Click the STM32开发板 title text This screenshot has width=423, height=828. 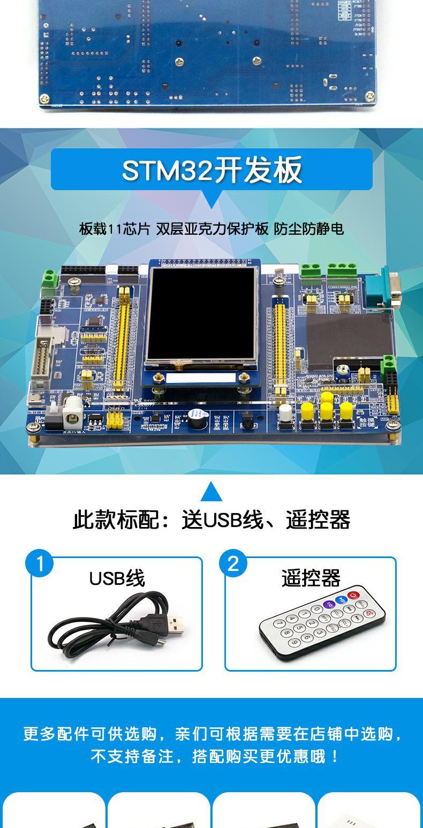tap(211, 170)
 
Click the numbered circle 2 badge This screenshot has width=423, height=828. tap(233, 564)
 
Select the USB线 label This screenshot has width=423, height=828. tap(117, 579)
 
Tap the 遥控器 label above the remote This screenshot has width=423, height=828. tap(311, 579)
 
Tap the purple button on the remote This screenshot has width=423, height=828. tap(328, 605)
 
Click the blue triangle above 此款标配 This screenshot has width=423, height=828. tap(211, 491)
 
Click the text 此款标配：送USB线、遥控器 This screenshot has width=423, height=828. tap(211, 520)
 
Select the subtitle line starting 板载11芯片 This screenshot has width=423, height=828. tap(211, 229)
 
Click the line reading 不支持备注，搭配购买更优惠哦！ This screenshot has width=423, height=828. tap(214, 757)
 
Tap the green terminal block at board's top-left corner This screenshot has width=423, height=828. tap(51, 278)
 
